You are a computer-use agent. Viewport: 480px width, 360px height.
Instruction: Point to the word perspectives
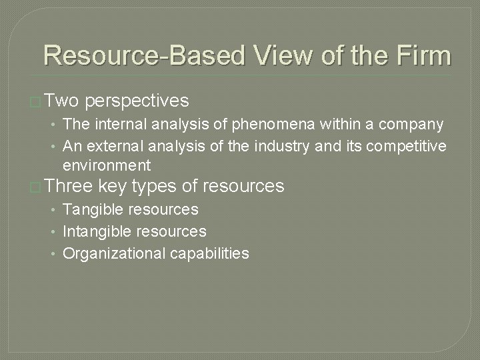(137, 101)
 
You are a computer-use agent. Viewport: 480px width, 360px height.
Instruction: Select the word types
(156, 186)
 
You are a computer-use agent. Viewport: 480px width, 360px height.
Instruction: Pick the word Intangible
(94, 231)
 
